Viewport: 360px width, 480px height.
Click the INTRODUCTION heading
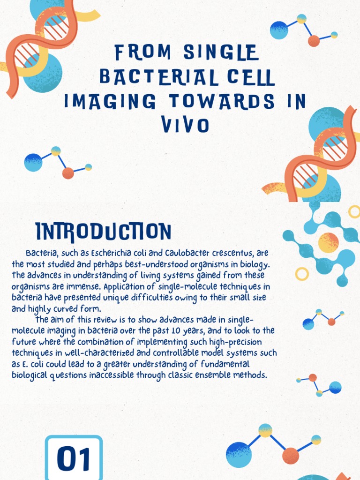103,232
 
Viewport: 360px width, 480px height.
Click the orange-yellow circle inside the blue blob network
328,242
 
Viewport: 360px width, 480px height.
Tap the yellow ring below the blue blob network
302,274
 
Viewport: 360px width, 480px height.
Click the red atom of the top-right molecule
314,41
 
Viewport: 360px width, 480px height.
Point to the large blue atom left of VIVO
33,162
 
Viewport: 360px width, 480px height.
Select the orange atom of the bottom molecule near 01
291,455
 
